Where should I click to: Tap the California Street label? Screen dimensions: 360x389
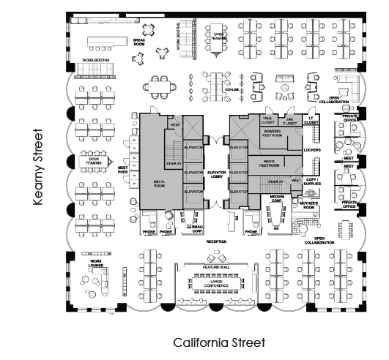pos(220,342)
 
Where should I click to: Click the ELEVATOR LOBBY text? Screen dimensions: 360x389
pos(218,175)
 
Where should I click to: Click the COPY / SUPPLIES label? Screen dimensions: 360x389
pos(313,180)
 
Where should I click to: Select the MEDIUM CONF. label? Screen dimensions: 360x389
pos(277,198)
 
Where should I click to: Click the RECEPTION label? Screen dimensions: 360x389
pos(216,241)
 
